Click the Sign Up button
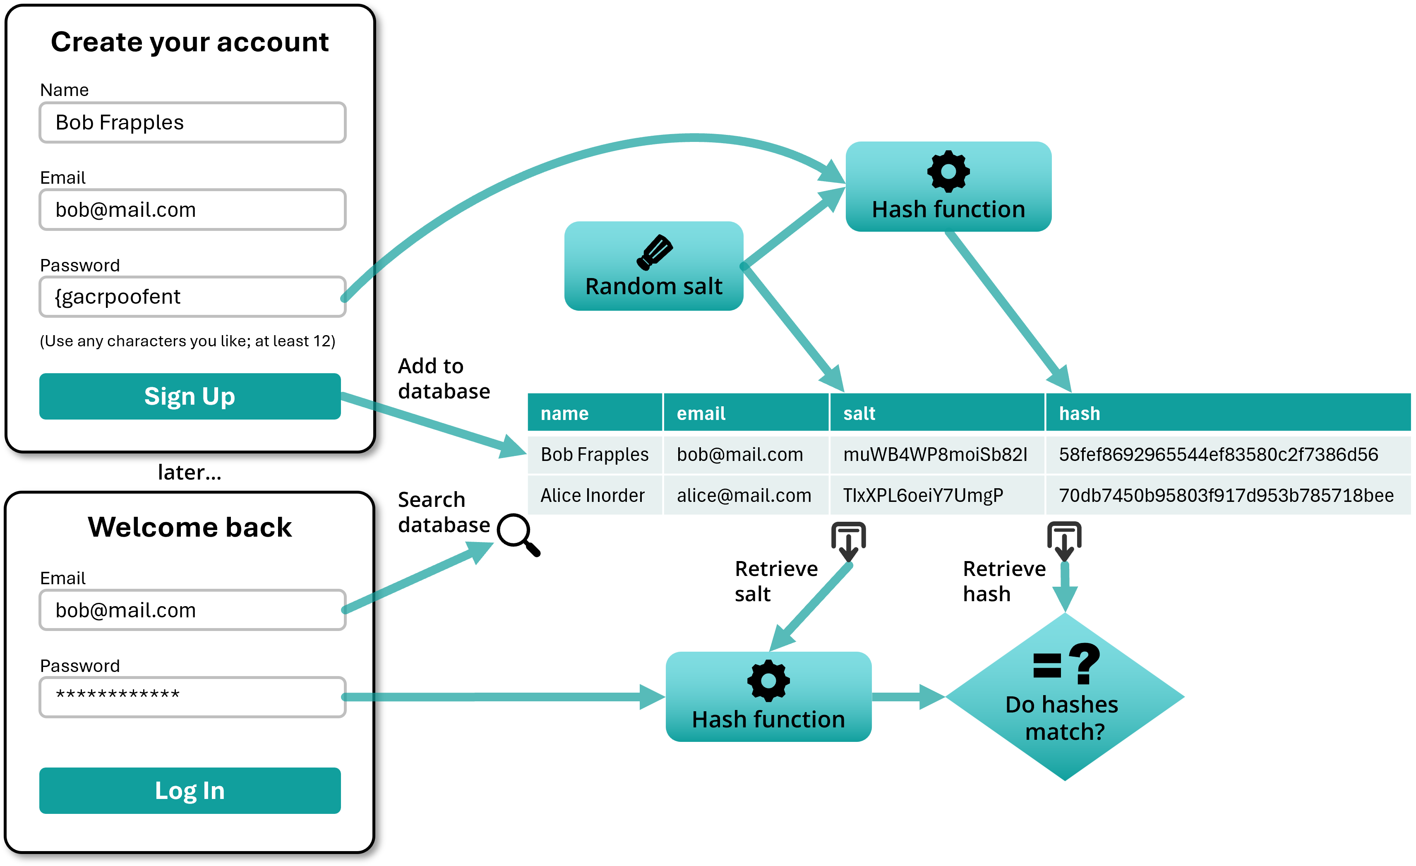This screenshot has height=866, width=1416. (x=190, y=396)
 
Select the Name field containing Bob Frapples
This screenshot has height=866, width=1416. (x=192, y=122)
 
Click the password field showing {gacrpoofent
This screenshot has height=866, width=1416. (x=192, y=297)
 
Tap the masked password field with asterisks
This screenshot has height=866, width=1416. (x=192, y=696)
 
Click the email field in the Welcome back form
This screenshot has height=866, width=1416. (x=192, y=610)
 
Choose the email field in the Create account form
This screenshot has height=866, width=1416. (x=192, y=210)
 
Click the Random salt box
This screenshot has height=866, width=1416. (x=653, y=266)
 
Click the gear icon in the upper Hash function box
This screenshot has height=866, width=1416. (x=948, y=171)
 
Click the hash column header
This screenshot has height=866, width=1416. (x=1227, y=413)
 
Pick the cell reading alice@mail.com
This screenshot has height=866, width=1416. (x=745, y=495)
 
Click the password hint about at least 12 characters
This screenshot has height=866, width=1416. (x=187, y=341)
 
